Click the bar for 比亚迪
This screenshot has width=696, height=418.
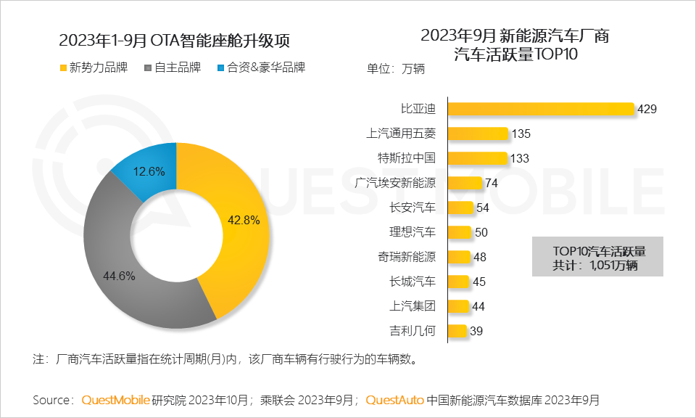click(x=541, y=109)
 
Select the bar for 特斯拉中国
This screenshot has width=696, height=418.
click(x=477, y=158)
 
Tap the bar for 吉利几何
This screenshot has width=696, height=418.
click(x=457, y=332)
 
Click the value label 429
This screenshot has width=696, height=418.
click(x=647, y=110)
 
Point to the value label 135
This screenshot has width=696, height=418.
click(x=521, y=134)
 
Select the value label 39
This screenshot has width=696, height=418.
click(x=477, y=332)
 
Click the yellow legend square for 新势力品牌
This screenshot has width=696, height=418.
click(x=62, y=68)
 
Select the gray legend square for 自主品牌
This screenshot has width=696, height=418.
click(x=148, y=68)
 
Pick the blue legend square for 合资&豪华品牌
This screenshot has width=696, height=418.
click(x=220, y=68)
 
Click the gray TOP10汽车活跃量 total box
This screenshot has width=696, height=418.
click(x=597, y=257)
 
